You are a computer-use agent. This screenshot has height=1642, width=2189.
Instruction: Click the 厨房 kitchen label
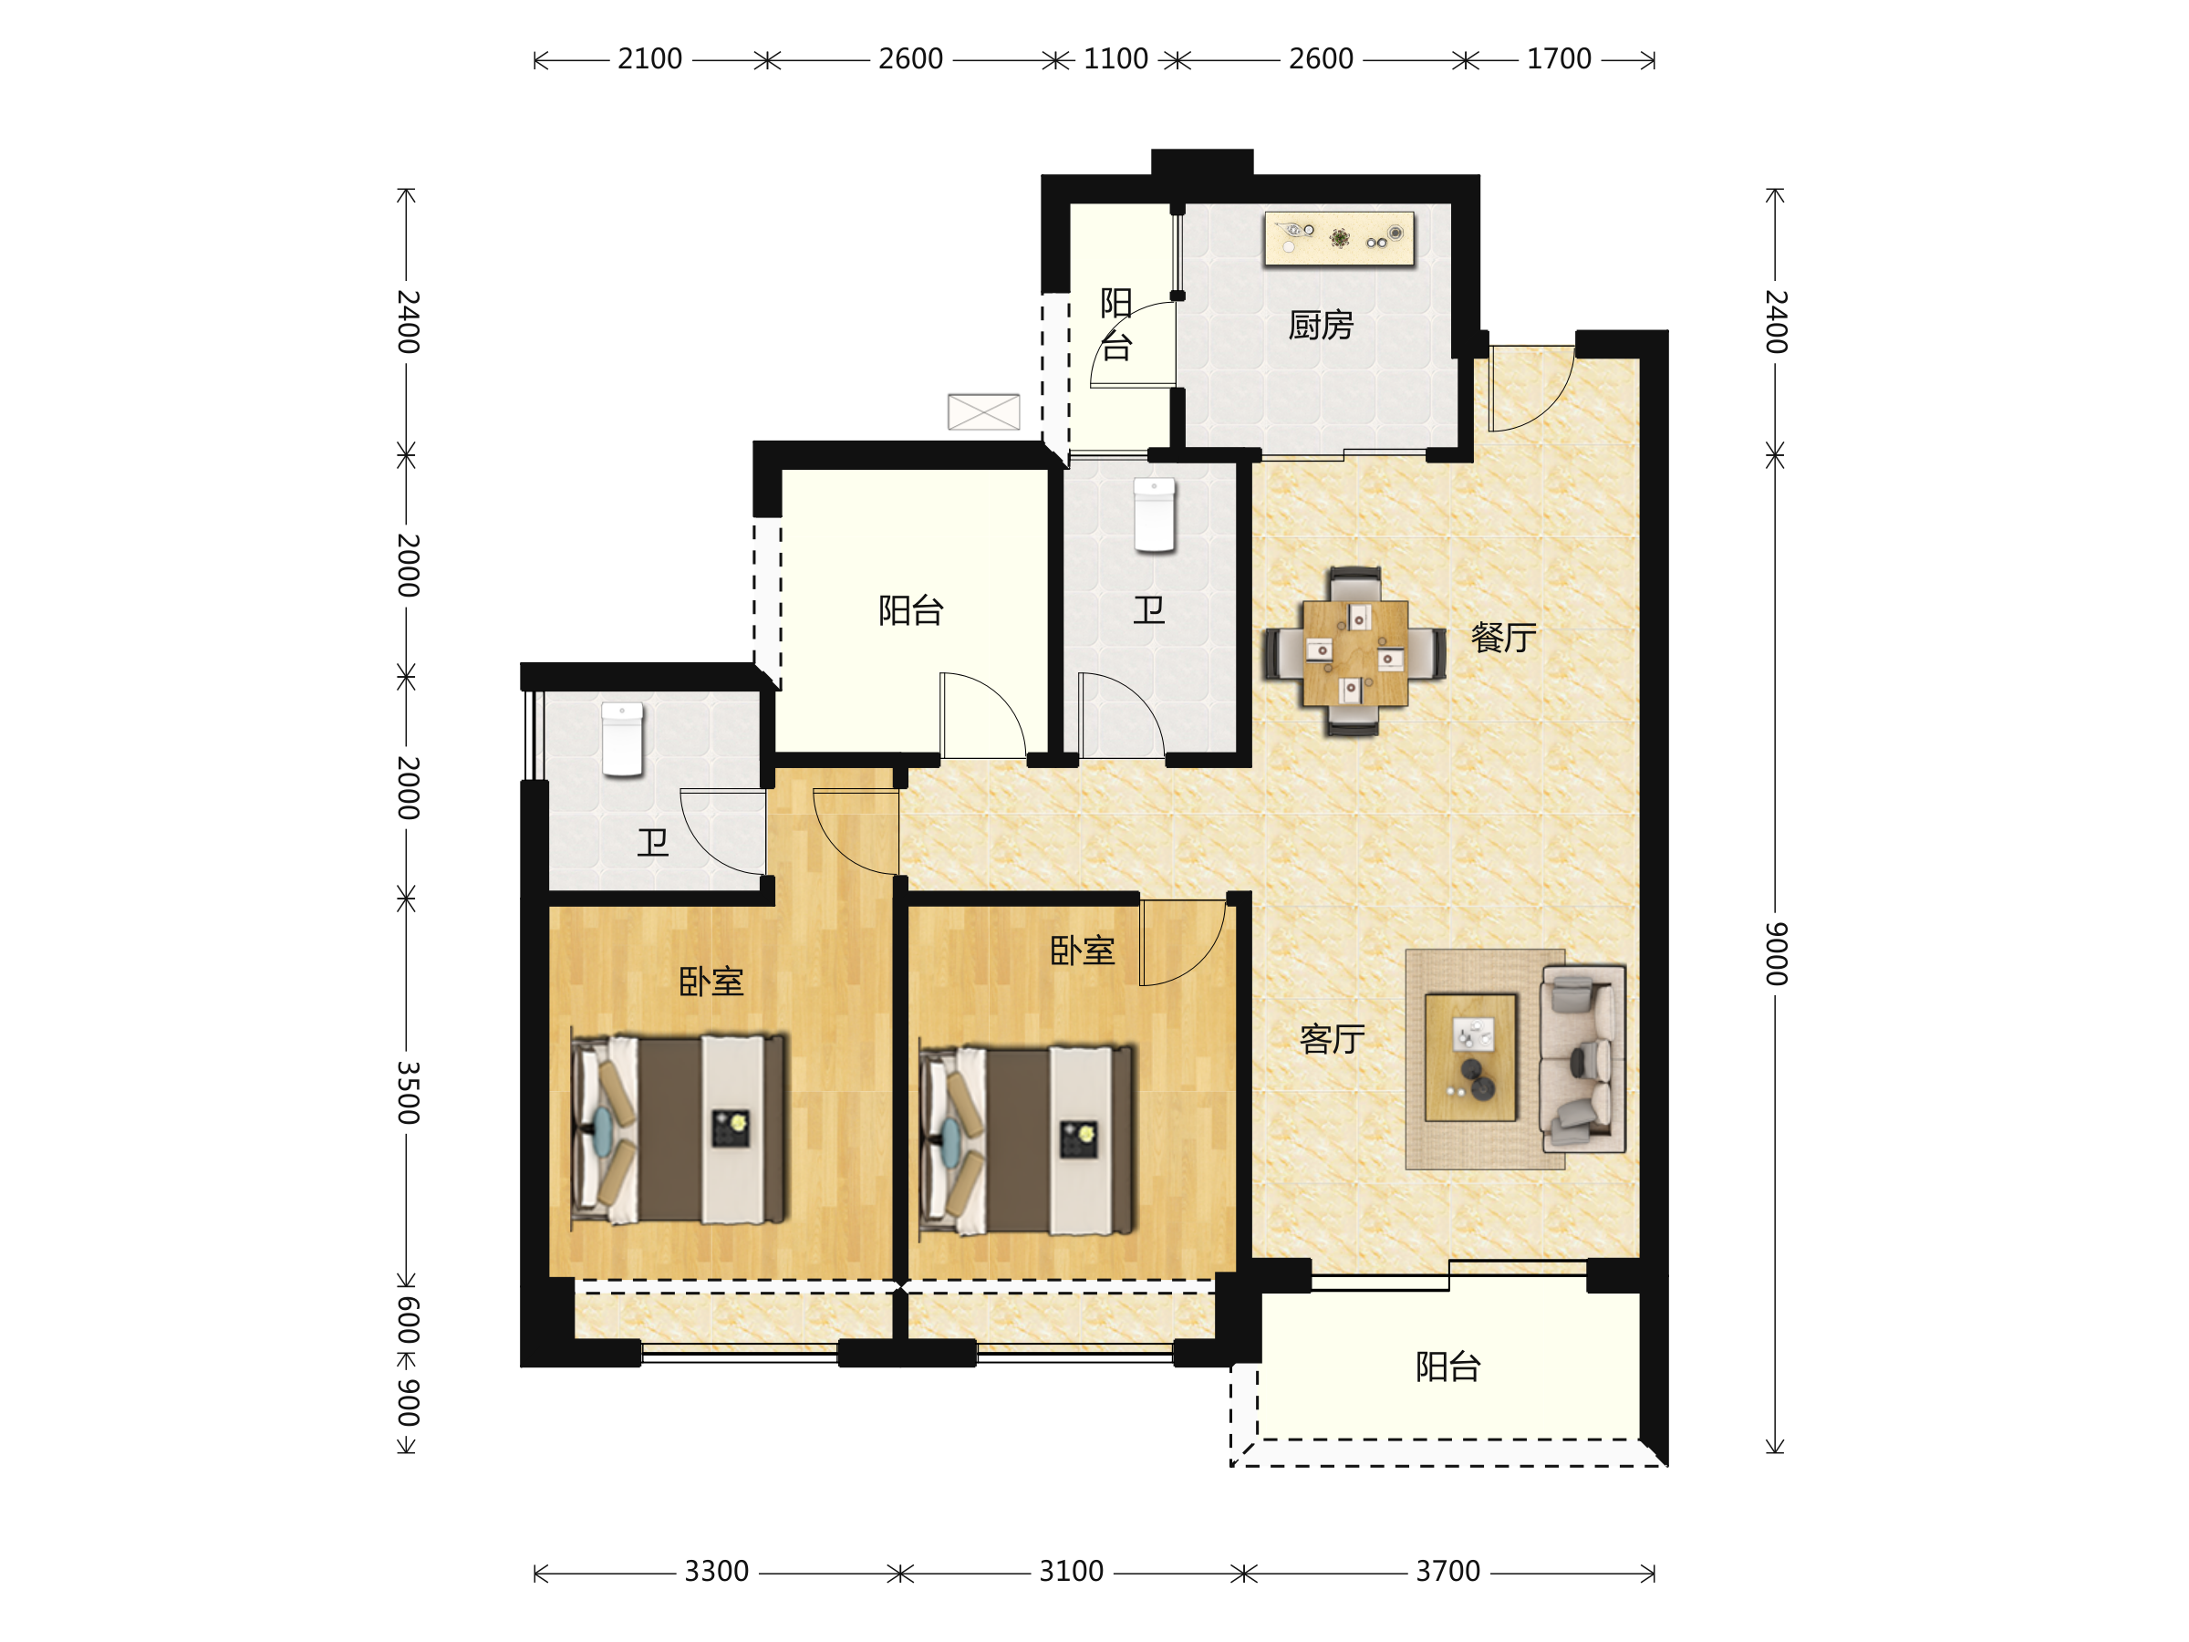point(1320,325)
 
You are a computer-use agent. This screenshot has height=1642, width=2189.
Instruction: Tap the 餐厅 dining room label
point(1503,638)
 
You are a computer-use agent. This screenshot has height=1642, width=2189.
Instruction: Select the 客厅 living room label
point(1332,1039)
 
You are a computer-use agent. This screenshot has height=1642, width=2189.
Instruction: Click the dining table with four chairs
point(1354,652)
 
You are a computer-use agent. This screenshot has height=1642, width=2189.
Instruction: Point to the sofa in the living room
point(1582,1058)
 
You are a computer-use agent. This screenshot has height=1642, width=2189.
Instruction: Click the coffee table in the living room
point(1470,1057)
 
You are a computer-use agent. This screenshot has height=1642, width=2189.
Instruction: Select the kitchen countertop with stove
point(1340,238)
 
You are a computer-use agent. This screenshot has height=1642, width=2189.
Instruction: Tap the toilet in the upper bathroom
point(1154,514)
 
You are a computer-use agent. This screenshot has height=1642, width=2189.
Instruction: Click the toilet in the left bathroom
point(622,739)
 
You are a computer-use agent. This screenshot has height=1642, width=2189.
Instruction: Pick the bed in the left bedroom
point(680,1129)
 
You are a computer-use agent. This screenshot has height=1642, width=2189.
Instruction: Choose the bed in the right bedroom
point(1027,1140)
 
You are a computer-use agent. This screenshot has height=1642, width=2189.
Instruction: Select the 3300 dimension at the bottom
point(717,1572)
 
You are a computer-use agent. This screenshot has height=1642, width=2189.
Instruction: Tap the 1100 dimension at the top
point(1116,59)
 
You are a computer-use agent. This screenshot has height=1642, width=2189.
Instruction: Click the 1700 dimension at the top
point(1559,59)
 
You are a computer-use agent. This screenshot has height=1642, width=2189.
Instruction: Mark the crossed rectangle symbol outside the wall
point(983,411)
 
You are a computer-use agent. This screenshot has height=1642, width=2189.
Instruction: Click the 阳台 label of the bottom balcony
point(1447,1367)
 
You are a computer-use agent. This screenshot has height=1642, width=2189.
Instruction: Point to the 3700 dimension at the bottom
point(1447,1572)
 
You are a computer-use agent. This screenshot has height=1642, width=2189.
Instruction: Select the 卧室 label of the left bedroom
point(711,982)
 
